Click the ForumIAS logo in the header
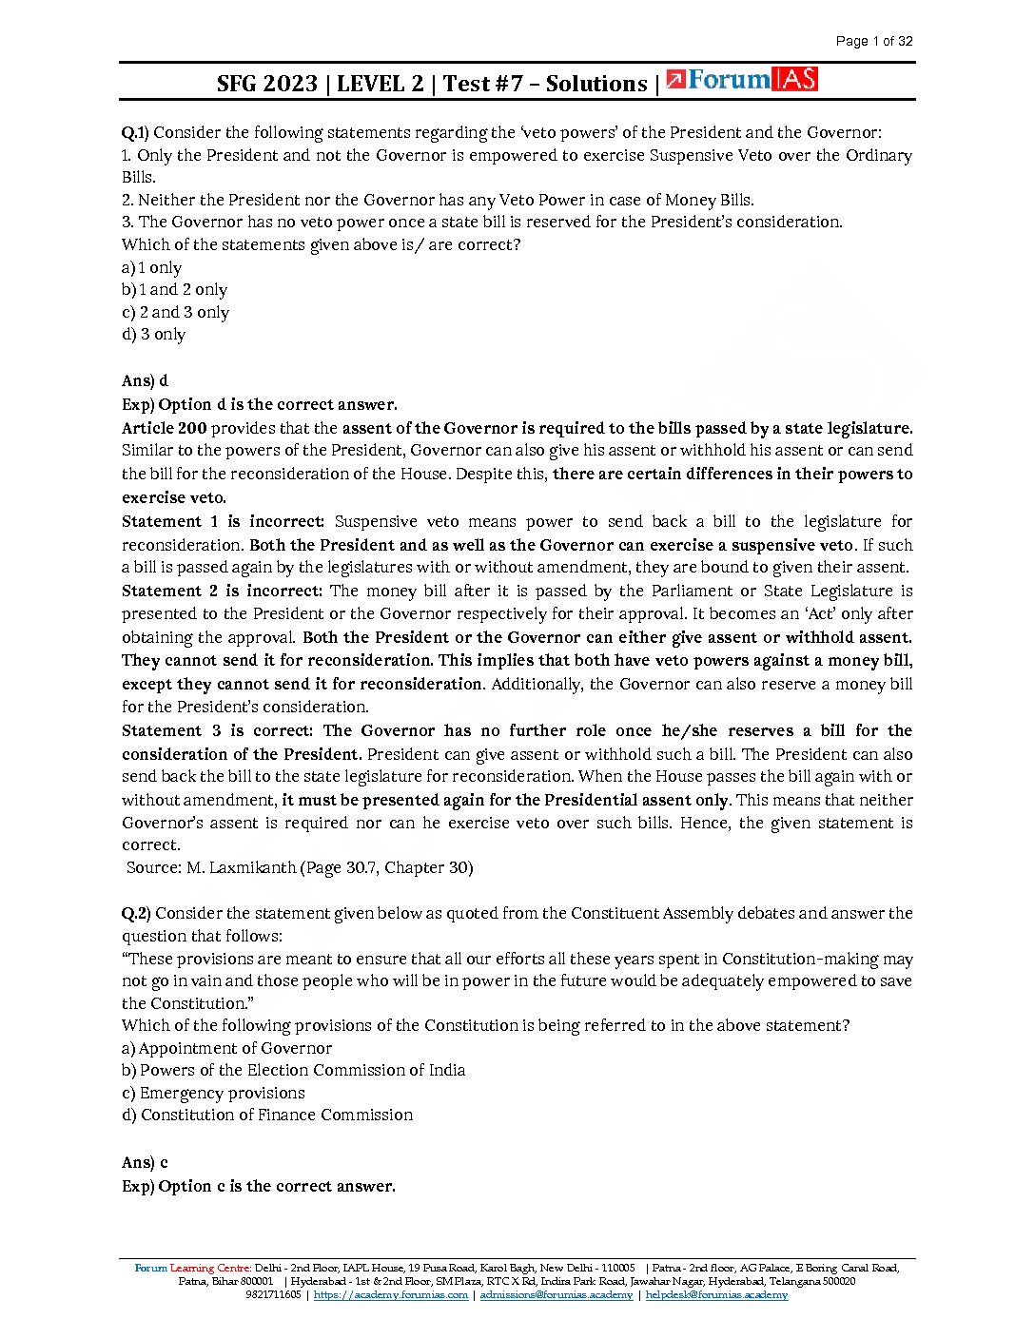[x=742, y=81]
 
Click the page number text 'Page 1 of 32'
[x=873, y=41]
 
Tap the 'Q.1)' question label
[x=135, y=132]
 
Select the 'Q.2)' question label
[x=136, y=913]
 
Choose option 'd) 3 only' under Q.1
[x=153, y=334]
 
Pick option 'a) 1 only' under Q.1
[x=151, y=267]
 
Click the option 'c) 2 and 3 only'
[x=175, y=312]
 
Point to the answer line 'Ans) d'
[x=145, y=380]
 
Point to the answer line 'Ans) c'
[x=145, y=1162]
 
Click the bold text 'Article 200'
[x=164, y=428]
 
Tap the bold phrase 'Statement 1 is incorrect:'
[x=223, y=521]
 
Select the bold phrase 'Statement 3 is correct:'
[x=217, y=730]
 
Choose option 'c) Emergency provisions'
[x=213, y=1093]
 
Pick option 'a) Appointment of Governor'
[x=226, y=1048]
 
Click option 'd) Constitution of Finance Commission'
[x=267, y=1115]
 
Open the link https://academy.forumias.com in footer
[x=390, y=1294]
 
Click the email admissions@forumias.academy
[x=556, y=1294]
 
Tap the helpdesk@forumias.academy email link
[x=716, y=1294]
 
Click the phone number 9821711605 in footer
[x=273, y=1294]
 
